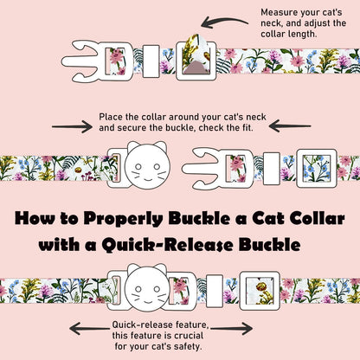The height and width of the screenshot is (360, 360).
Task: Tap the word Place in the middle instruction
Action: click(113, 114)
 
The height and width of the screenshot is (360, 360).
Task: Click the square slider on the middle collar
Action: click(311, 162)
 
